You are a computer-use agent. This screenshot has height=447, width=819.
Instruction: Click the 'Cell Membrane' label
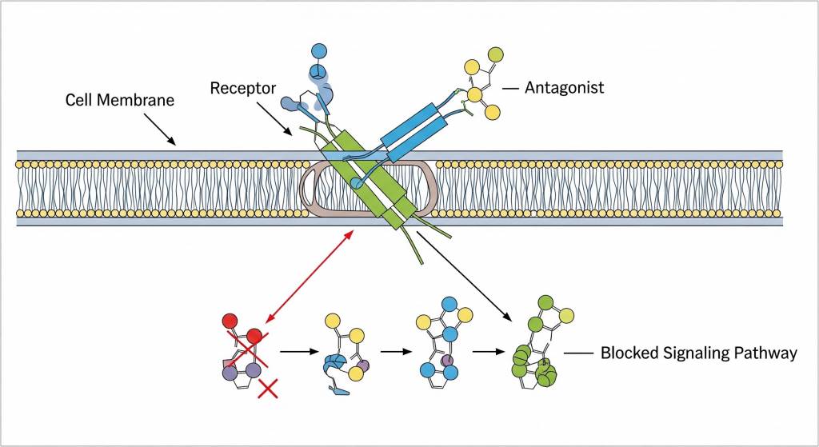[x=110, y=102]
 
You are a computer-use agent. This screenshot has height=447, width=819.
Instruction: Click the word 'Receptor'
[x=243, y=87]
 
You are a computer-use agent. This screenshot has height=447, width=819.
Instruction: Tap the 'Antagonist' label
[x=564, y=87]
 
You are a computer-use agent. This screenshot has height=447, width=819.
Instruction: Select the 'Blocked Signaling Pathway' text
[x=698, y=353]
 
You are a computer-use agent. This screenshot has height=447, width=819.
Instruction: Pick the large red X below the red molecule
[x=269, y=389]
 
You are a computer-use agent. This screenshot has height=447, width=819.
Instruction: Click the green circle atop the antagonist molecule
[x=495, y=54]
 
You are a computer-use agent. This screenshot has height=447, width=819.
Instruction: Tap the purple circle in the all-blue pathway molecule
[x=447, y=362]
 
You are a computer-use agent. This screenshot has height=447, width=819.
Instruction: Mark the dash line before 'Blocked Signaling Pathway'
[x=577, y=353]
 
